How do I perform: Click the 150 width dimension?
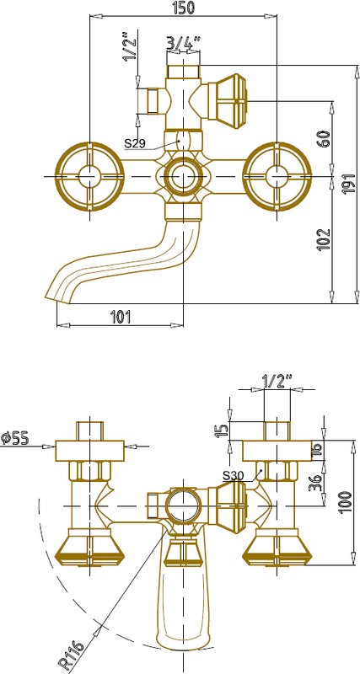click(183, 8)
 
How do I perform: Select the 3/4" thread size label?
click(184, 43)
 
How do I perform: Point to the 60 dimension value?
click(325, 138)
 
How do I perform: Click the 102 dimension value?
click(324, 239)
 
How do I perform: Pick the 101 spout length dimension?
click(121, 317)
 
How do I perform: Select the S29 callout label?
click(136, 143)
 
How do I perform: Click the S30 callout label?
click(234, 475)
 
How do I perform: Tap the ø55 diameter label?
click(14, 438)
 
